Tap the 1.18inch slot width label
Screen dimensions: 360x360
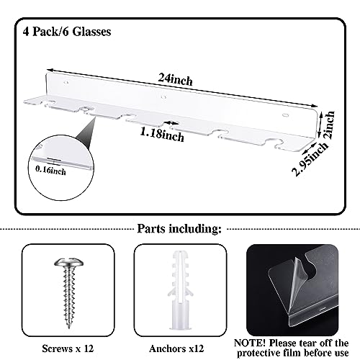click(x=162, y=135)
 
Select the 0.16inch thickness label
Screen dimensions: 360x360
click(x=50, y=170)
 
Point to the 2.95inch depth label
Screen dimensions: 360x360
click(x=310, y=159)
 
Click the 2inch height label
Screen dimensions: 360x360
click(x=329, y=125)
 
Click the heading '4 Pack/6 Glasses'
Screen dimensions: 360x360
click(x=67, y=32)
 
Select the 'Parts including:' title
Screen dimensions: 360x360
click(x=179, y=229)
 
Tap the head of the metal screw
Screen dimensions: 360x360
click(x=69, y=263)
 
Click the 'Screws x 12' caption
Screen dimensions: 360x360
click(x=68, y=348)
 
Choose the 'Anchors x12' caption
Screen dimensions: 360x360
click(x=176, y=348)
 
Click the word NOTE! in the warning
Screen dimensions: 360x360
click(x=250, y=343)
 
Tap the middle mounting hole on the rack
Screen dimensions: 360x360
click(x=163, y=97)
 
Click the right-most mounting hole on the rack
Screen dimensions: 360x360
click(x=285, y=115)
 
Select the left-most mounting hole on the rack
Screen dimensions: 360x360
click(x=66, y=83)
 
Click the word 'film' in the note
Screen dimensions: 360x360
click(x=293, y=353)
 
